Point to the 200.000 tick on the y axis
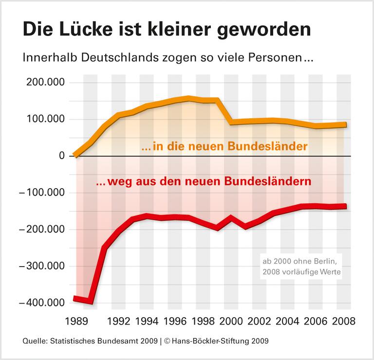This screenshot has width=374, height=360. pos(44,83)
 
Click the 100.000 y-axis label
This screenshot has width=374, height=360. pos(44,120)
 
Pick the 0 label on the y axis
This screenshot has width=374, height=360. pos(62,156)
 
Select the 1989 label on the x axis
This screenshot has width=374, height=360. pos(76,322)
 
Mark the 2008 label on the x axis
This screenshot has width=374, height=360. pos(343,322)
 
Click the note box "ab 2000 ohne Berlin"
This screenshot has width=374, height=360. pos(299,267)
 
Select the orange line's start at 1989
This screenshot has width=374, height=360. pos(76,155)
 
